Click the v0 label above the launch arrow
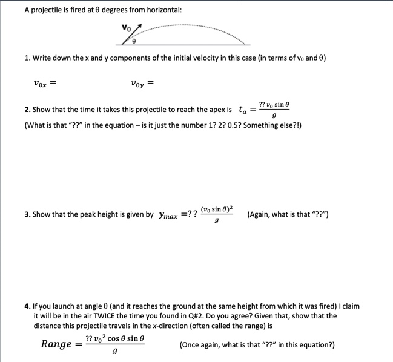pyautogui.click(x=125, y=27)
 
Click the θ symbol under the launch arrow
pyautogui.click(x=134, y=42)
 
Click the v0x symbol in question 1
pyautogui.click(x=41, y=83)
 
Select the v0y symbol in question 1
pyautogui.click(x=137, y=83)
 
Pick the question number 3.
pyautogui.click(x=27, y=214)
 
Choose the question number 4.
pyautogui.click(x=27, y=306)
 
